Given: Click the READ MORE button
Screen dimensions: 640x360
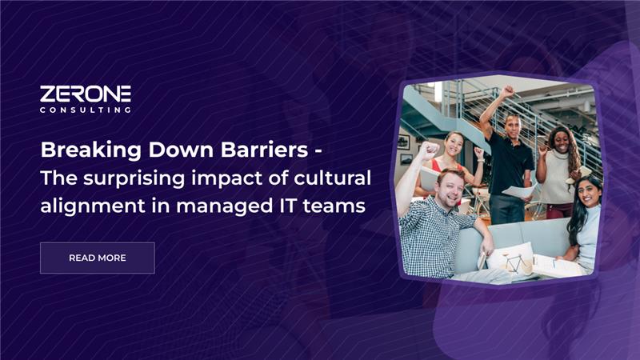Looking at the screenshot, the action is [97, 258].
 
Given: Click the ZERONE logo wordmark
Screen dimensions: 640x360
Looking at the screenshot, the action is [86, 94].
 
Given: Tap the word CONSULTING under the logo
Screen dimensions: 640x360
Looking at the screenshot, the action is [86, 110].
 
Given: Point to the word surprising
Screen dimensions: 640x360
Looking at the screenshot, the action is [134, 178].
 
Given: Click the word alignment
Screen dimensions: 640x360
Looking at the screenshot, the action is [93, 206].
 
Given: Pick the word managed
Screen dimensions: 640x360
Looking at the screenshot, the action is [225, 206].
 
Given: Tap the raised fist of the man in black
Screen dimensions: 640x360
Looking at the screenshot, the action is [507, 91].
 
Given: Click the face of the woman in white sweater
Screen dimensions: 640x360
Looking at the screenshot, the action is [562, 141].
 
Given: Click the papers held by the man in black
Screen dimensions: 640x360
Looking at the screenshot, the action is [519, 190].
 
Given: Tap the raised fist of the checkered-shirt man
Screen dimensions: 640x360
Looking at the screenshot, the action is [429, 150].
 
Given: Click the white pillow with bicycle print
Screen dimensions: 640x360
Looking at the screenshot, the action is [510, 259].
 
